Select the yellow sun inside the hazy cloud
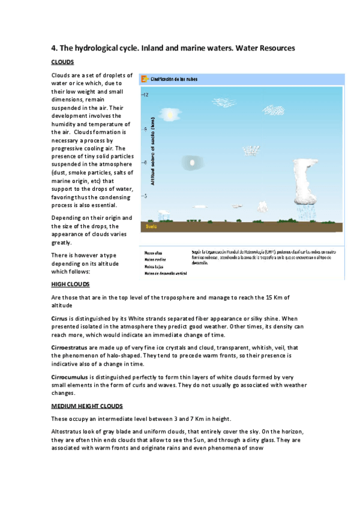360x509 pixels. pos(170,113)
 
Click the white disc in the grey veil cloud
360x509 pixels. pos(192,162)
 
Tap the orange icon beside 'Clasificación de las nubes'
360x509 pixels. pos(145,79)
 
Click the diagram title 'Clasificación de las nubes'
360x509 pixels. pos(174,79)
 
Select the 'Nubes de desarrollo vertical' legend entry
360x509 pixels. pos(166,273)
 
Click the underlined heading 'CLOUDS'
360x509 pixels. pos(62,62)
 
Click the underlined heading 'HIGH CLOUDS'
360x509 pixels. pos(71,285)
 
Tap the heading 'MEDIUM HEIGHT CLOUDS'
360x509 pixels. pos(87,406)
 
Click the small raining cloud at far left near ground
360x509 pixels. pos(163,215)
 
